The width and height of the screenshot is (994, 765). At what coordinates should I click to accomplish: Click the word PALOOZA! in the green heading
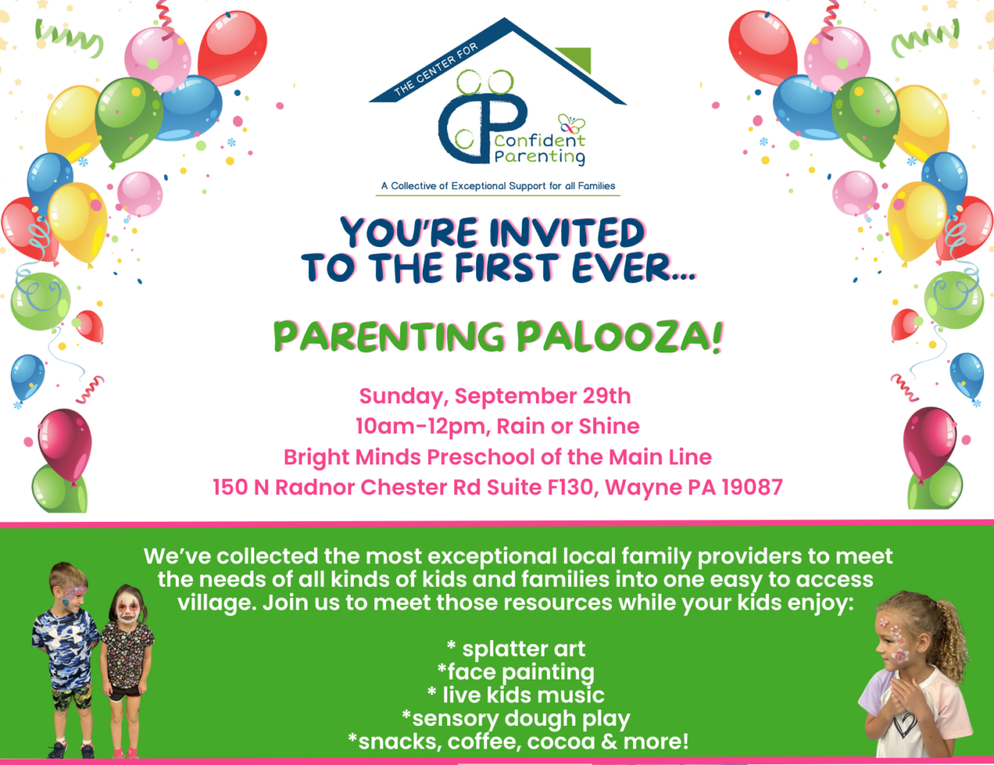click(x=623, y=337)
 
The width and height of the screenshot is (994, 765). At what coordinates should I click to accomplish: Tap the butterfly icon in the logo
click(x=571, y=123)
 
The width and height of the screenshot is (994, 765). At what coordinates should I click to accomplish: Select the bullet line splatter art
click(x=516, y=649)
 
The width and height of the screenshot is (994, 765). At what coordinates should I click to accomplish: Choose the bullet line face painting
click(x=516, y=672)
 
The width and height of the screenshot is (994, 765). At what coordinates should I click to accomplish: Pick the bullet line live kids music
click(x=516, y=695)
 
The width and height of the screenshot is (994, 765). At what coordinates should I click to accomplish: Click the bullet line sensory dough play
click(x=516, y=719)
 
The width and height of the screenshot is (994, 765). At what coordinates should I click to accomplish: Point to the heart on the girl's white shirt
click(x=905, y=726)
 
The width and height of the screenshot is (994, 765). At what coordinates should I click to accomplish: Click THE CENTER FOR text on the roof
click(x=435, y=68)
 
